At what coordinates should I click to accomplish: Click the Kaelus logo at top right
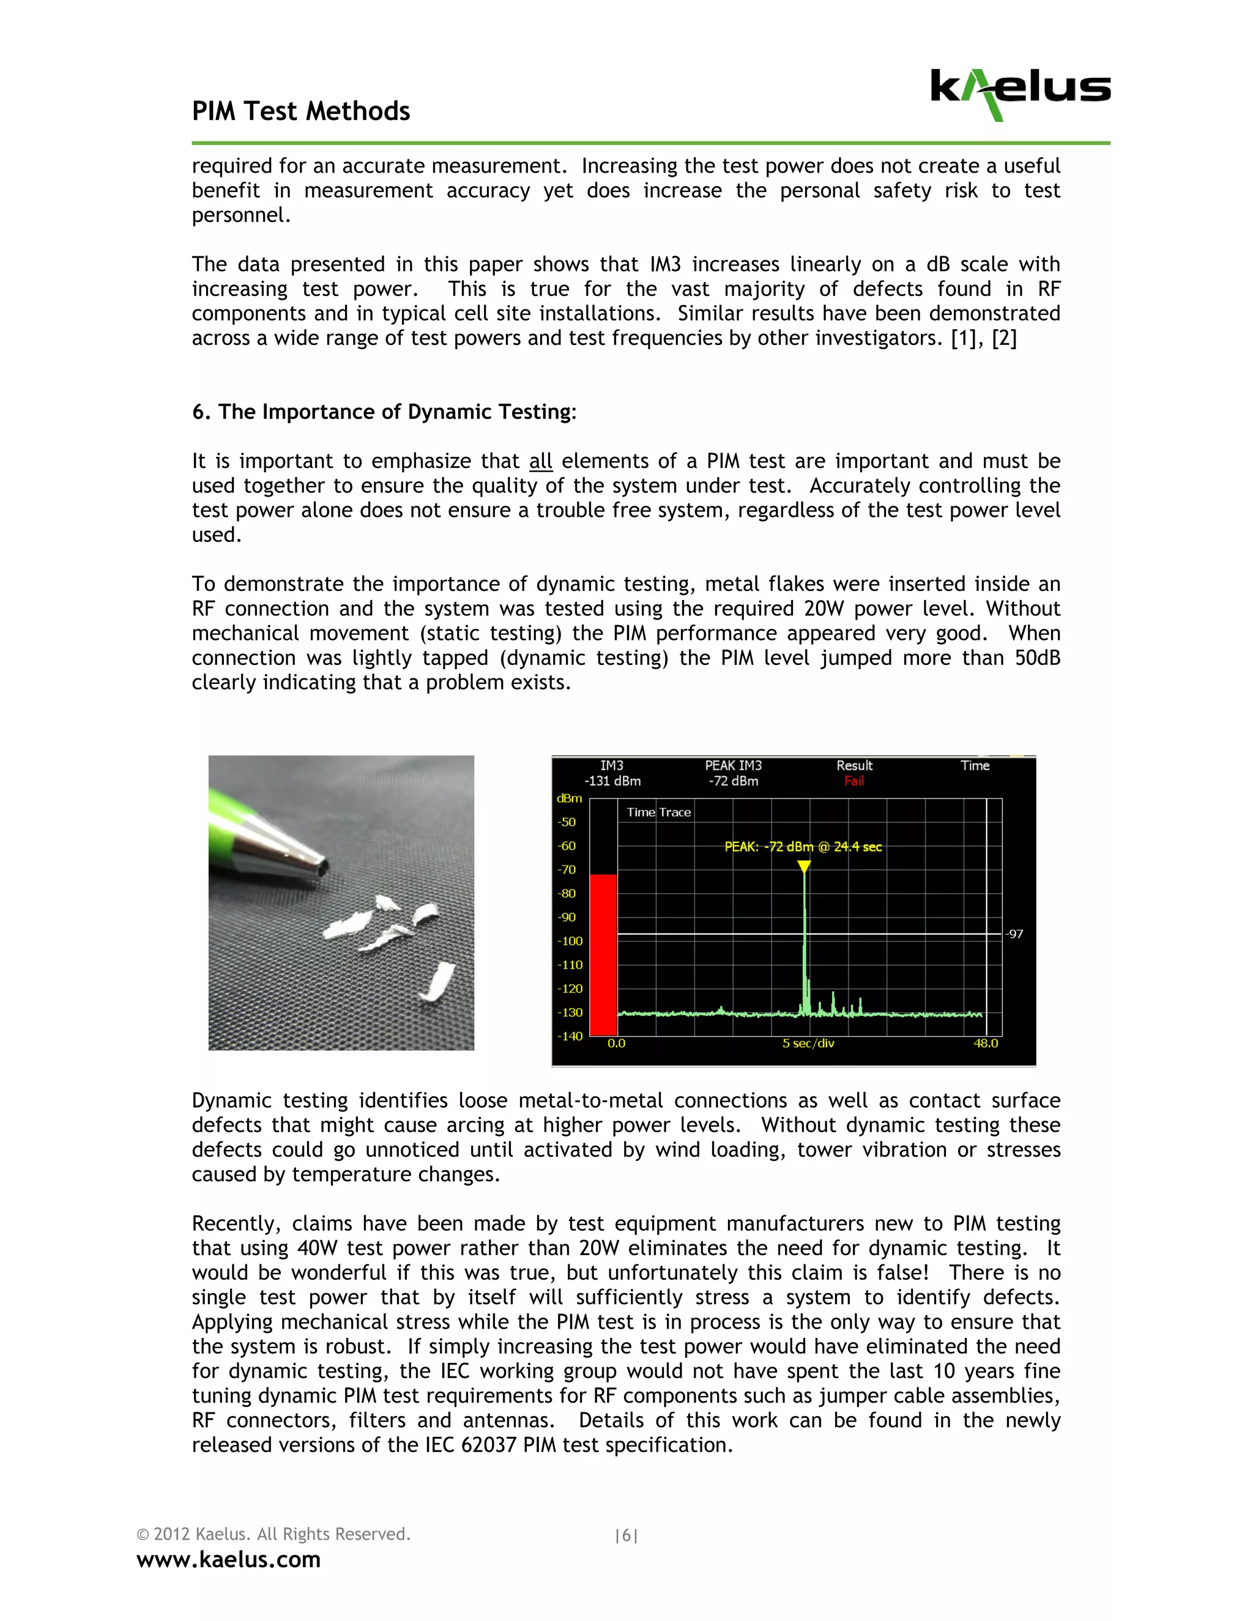point(1020,94)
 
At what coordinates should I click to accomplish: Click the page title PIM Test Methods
point(300,111)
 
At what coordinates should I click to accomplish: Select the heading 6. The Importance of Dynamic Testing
point(384,412)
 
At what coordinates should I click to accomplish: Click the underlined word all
point(540,462)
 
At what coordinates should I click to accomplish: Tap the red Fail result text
point(853,781)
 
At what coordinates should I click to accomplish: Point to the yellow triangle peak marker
point(804,866)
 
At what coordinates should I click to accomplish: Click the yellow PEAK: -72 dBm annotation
point(803,847)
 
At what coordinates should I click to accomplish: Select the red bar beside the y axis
point(603,954)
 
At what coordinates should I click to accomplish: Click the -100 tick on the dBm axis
point(570,941)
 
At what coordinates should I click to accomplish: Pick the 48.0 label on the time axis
point(986,1044)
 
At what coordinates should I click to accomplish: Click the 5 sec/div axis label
point(808,1044)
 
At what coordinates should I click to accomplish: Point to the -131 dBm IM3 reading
point(612,781)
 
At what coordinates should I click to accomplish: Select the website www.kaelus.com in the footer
point(229,1559)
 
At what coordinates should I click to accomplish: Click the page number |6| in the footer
point(626,1535)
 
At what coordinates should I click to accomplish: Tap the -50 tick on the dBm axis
point(567,822)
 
